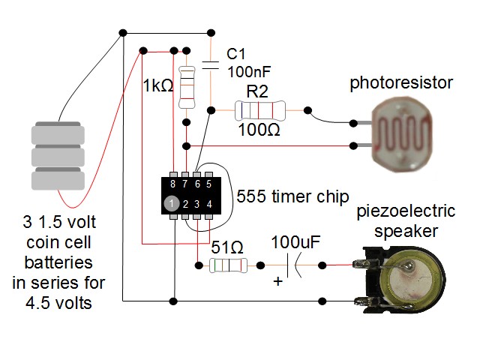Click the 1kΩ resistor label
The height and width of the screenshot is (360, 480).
tap(157, 86)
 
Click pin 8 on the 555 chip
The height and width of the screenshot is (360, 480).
tap(173, 183)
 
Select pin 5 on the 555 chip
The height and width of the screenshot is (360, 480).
tap(209, 183)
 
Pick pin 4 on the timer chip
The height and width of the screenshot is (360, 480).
tap(209, 203)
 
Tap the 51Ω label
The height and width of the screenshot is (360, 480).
tap(226, 247)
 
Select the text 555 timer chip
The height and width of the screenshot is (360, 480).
tap(293, 197)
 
